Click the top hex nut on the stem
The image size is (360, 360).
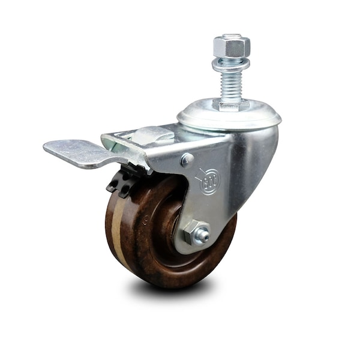click(x=231, y=45)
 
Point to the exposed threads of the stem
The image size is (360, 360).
click(x=231, y=84)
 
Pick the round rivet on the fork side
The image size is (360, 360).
click(x=187, y=160)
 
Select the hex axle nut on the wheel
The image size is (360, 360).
click(x=196, y=233)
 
